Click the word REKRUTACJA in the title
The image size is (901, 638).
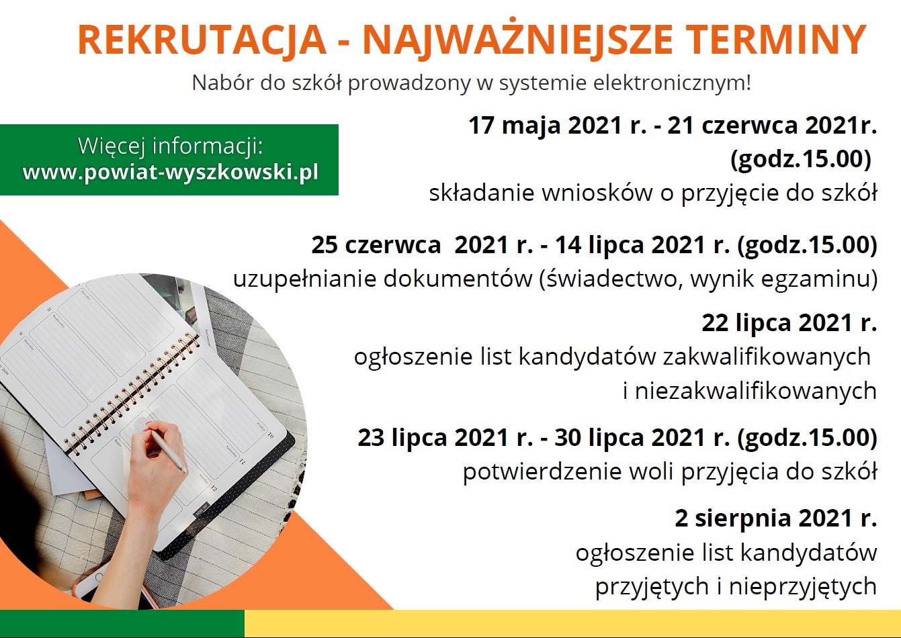tap(202, 40)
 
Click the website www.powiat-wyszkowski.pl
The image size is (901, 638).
tap(171, 173)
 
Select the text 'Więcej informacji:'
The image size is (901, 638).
tap(170, 146)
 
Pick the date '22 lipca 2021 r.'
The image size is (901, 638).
tap(789, 323)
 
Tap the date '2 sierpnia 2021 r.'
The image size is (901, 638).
tap(776, 518)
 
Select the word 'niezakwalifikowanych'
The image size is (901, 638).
tap(756, 391)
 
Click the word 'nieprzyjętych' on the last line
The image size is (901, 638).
tap(803, 586)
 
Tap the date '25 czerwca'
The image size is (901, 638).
tap(376, 245)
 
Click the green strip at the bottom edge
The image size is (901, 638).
tap(122, 623)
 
